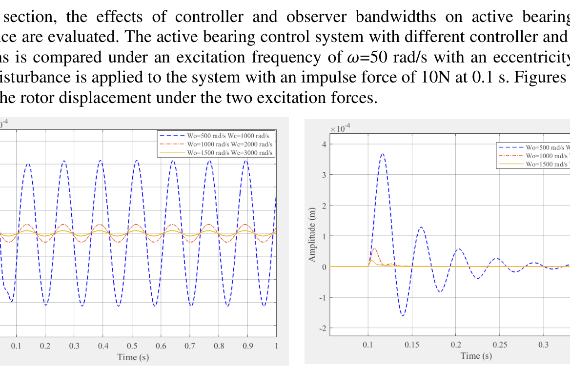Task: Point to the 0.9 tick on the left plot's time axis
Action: [248, 346]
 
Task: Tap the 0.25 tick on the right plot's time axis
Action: [499, 345]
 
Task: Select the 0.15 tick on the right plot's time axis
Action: [412, 345]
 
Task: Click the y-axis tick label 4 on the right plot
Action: [323, 144]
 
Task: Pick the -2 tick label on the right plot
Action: [321, 328]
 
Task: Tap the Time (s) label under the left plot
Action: [133, 357]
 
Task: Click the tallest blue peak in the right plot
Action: [383, 154]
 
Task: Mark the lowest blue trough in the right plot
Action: [403, 316]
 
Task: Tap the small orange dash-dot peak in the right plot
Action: [375, 249]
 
